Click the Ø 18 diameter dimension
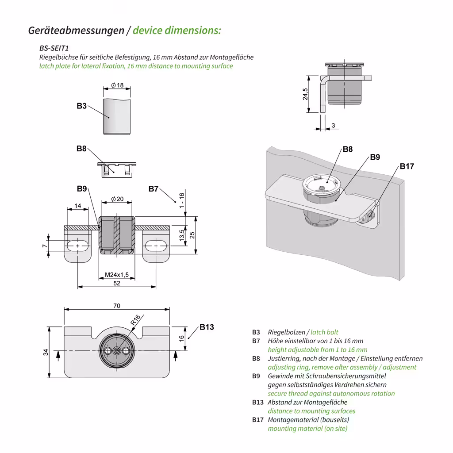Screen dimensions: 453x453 [117, 85]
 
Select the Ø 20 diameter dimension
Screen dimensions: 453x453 [117, 199]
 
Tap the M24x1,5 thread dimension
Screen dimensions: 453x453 [116, 275]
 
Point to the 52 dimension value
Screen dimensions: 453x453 [117, 283]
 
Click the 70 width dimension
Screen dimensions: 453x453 [117, 306]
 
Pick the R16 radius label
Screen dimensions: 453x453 [135, 320]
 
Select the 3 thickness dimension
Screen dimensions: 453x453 [333, 126]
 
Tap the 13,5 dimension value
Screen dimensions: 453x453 [182, 235]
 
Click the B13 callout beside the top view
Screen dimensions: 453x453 [207, 327]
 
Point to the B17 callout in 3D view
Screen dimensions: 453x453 [407, 166]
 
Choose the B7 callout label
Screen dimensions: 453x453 [154, 189]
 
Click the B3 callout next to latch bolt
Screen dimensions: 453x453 [81, 106]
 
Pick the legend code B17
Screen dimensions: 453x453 [258, 420]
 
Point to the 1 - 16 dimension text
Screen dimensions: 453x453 [181, 201]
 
